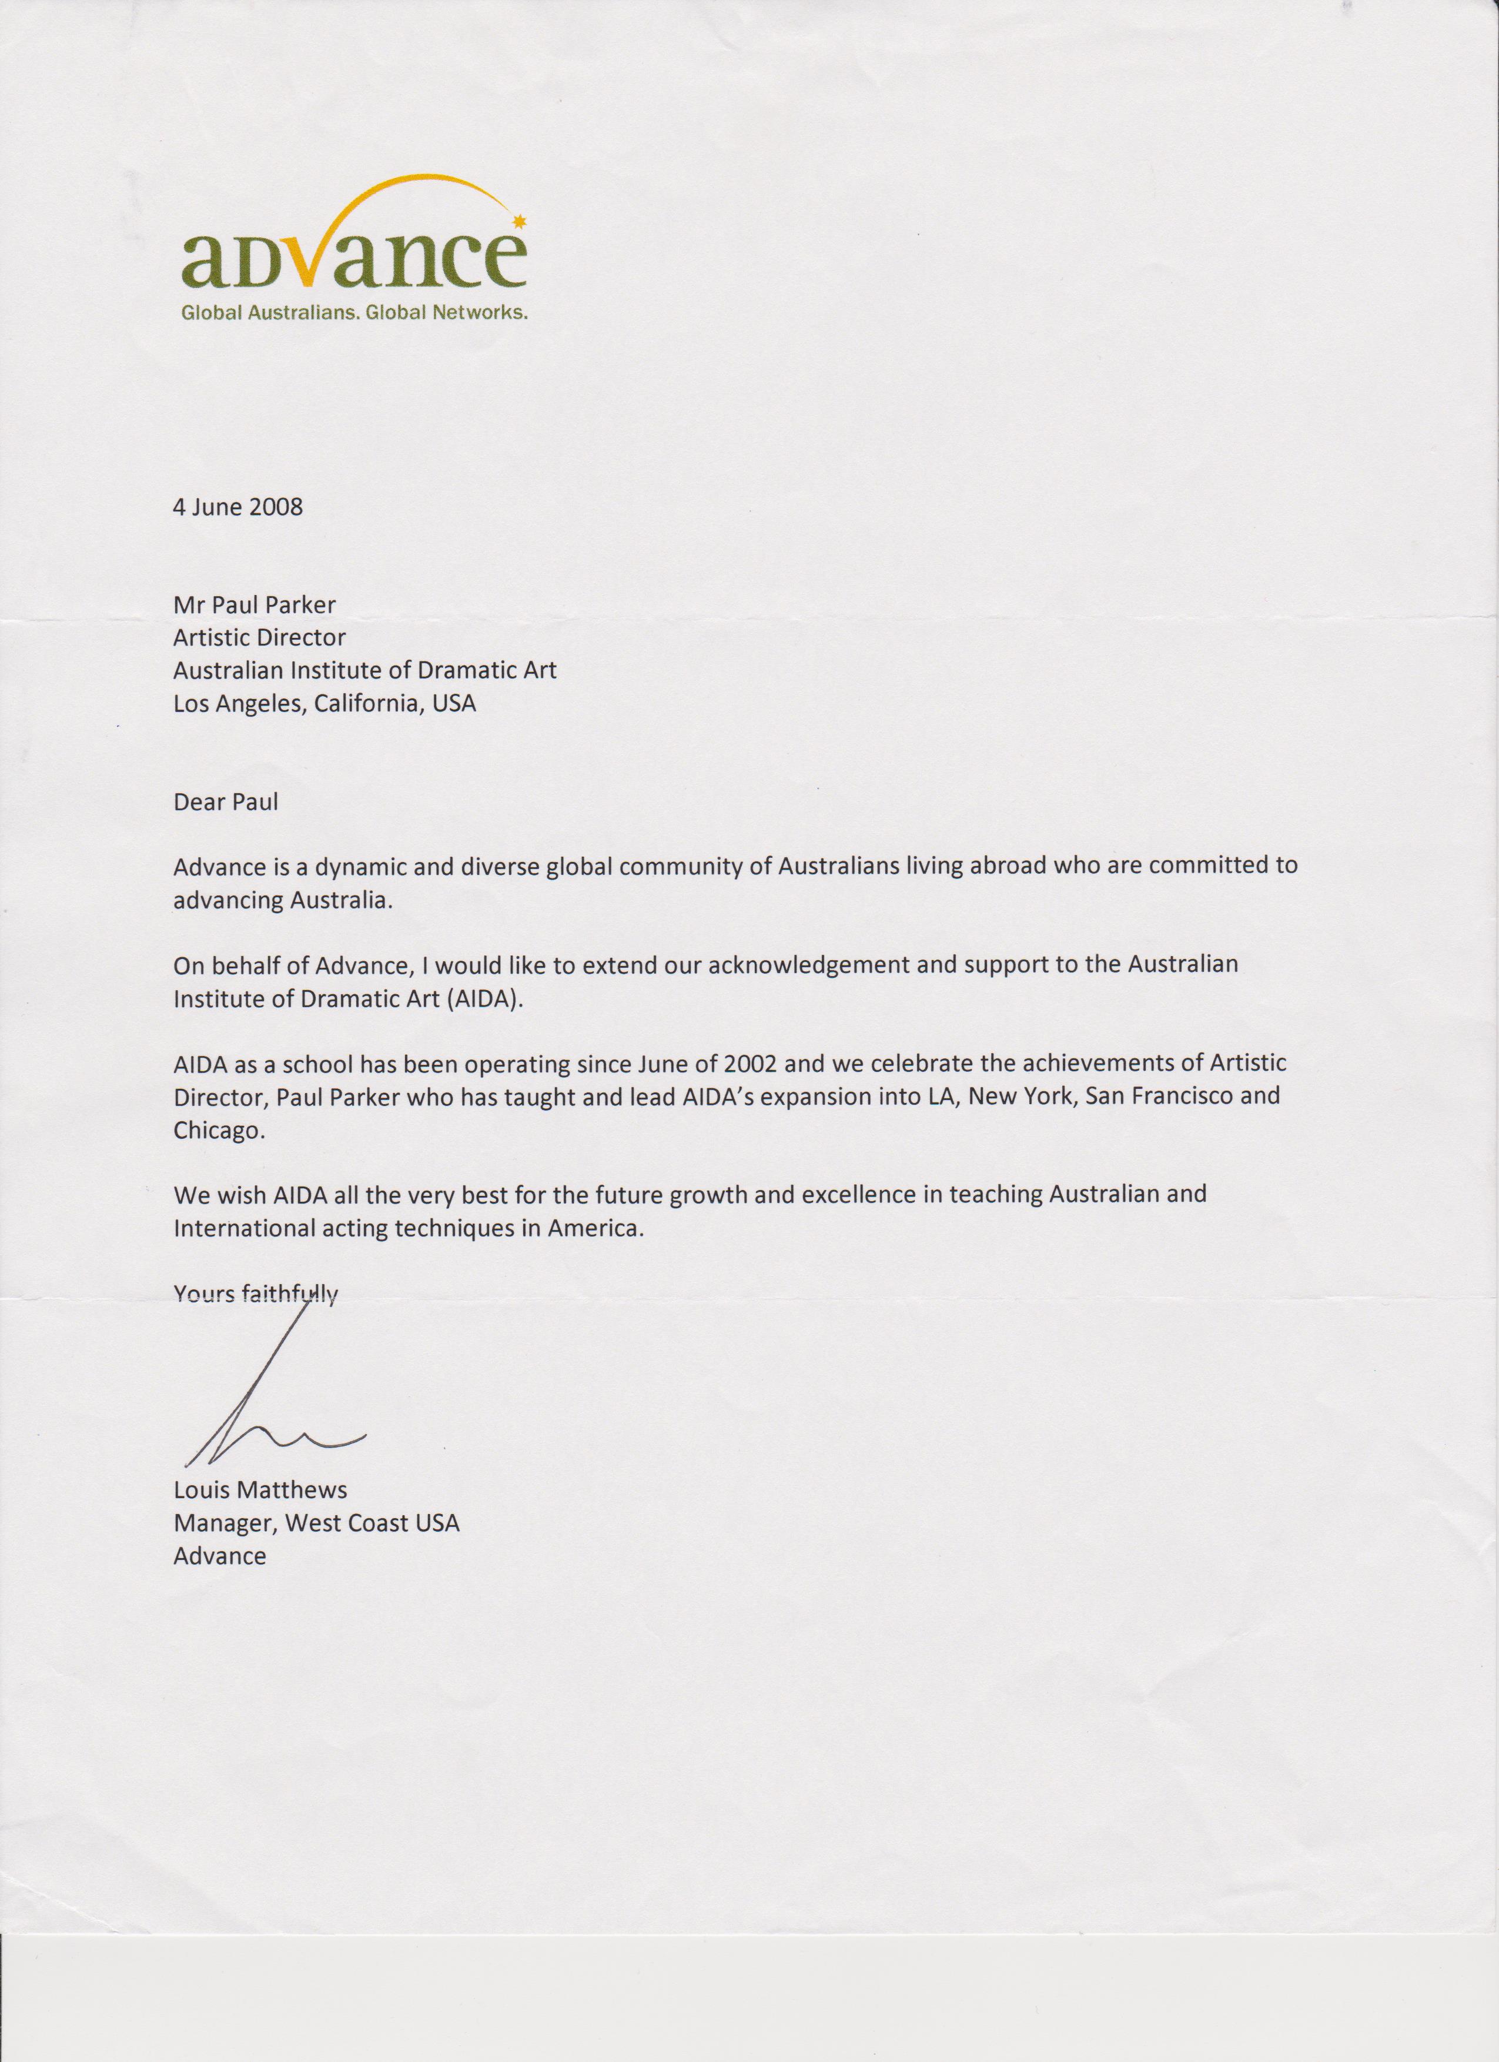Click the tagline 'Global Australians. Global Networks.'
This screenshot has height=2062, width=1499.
(x=354, y=313)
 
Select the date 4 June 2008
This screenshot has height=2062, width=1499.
(x=237, y=506)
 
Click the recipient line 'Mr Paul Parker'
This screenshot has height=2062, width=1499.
(x=255, y=604)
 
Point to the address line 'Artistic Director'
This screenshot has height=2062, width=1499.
(x=259, y=637)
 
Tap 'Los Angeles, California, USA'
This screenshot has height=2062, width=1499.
(x=324, y=703)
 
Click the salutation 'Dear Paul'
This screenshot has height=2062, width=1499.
(x=226, y=802)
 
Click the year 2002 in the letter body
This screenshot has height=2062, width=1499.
(x=751, y=1063)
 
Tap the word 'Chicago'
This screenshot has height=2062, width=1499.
(x=219, y=1131)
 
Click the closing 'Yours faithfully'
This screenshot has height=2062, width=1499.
(x=256, y=1294)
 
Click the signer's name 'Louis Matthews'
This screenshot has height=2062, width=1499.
(x=260, y=1490)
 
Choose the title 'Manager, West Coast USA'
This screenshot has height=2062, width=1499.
(x=316, y=1523)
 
